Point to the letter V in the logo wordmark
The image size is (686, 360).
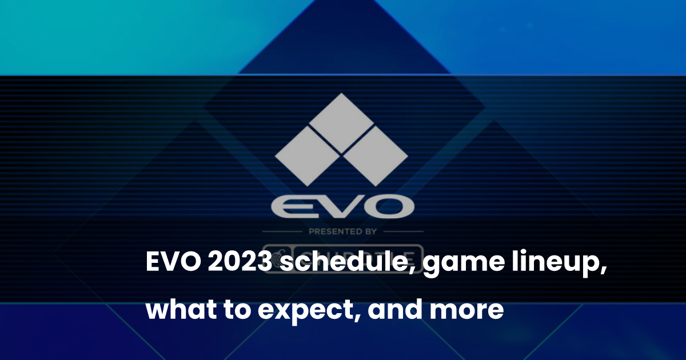click(x=338, y=207)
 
